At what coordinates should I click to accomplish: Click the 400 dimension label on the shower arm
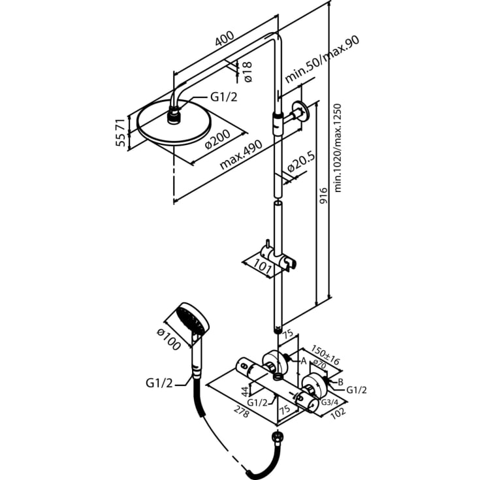(x=225, y=39)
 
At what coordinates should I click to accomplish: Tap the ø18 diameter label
(x=247, y=72)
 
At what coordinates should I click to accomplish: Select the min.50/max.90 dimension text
(x=322, y=59)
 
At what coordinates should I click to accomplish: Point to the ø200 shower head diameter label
(x=217, y=139)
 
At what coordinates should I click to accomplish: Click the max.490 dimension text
(x=241, y=155)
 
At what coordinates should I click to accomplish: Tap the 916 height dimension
(x=323, y=196)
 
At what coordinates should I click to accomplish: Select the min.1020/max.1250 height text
(x=338, y=148)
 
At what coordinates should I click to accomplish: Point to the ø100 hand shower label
(x=168, y=339)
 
